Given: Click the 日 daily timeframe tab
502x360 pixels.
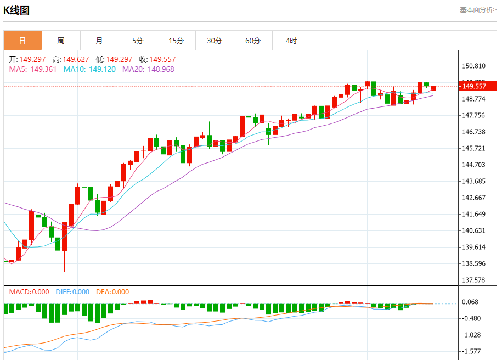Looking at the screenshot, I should coord(22,41).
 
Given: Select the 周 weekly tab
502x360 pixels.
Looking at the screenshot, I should coord(61,41).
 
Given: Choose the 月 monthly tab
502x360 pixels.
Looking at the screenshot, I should coord(99,41).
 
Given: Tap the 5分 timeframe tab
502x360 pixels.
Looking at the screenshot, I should coord(138,41).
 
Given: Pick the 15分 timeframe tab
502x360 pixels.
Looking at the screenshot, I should coord(176,41).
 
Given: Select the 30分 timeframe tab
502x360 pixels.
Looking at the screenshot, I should coord(215,41).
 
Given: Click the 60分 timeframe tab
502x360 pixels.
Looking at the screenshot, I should coord(253,41).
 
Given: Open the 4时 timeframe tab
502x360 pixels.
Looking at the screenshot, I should coord(291,41).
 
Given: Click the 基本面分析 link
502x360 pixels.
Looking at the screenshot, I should coord(477,10).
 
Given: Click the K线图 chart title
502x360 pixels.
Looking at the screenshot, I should coord(17,10).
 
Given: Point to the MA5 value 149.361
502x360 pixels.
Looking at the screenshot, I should coord(43,70).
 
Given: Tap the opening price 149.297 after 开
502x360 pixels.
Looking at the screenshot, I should coord(32,59).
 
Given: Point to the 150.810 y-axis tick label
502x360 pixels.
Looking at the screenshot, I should coord(474,66).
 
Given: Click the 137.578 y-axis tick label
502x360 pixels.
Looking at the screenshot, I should coord(474,280).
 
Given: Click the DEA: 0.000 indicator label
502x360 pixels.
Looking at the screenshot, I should coord(112,292).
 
